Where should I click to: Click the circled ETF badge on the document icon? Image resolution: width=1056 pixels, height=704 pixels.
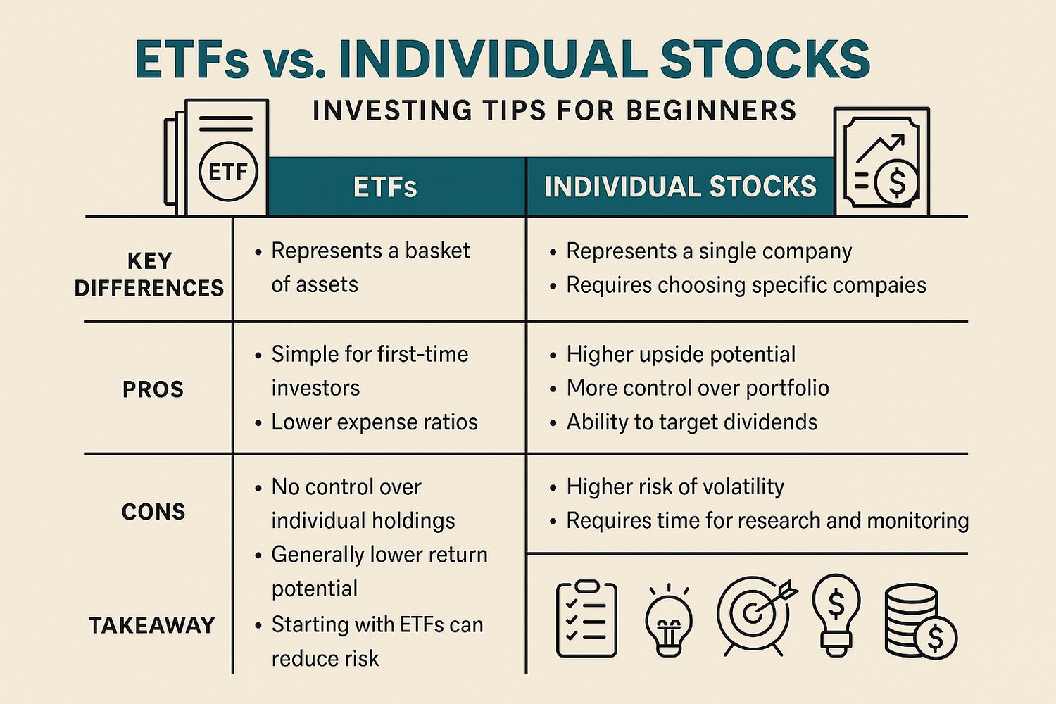pos(228,172)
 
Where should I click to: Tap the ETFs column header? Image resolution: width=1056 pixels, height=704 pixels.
pos(385,187)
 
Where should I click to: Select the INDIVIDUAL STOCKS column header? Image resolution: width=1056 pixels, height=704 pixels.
pos(680,187)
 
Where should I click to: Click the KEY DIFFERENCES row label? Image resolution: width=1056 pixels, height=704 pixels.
pos(149,275)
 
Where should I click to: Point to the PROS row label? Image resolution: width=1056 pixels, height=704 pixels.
pos(153,389)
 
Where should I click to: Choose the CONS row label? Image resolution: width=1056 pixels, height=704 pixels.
pos(153,512)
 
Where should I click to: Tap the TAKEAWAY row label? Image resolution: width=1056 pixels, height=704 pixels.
pos(152,625)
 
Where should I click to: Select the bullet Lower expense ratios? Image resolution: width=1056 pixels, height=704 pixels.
pos(374,422)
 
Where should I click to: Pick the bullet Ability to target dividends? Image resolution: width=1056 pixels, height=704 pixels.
pos(691,422)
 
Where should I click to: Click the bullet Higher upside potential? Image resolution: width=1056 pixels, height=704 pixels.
pos(681,354)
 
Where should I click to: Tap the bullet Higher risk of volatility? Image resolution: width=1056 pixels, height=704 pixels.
pos(674,486)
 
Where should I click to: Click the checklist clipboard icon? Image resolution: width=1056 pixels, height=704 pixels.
pos(586,620)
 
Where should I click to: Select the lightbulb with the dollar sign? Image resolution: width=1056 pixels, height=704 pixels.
pos(836,612)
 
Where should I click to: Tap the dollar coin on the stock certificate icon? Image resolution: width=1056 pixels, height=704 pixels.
pos(896,182)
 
